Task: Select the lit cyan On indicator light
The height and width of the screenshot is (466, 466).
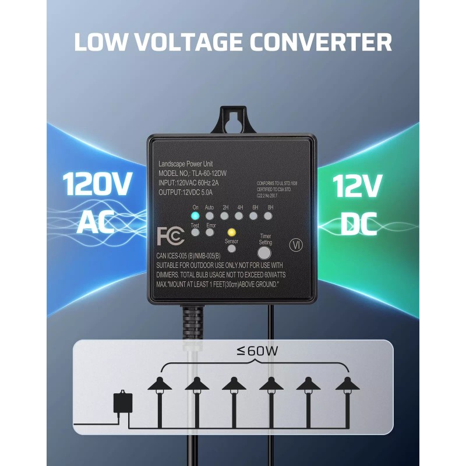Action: click(195, 216)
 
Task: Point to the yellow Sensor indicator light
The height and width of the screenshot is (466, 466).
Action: click(231, 232)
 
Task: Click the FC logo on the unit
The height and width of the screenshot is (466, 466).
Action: click(171, 236)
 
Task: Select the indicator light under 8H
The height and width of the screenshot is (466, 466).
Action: click(268, 216)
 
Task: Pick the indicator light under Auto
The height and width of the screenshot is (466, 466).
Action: click(209, 216)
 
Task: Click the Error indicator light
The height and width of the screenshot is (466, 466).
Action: click(211, 232)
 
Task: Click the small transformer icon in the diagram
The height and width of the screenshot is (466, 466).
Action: click(123, 401)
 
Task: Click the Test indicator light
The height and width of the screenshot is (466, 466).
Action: click(195, 232)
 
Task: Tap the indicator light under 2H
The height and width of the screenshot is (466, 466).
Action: click(225, 216)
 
